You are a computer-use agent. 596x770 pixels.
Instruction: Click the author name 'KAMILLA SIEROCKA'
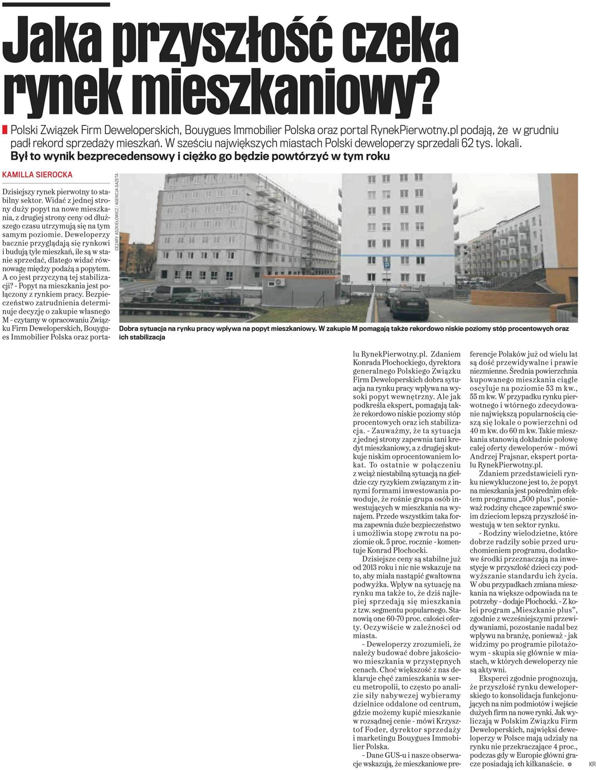37,175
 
